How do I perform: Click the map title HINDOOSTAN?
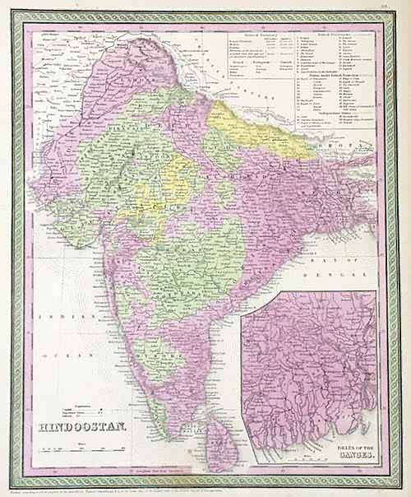point(82,427)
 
